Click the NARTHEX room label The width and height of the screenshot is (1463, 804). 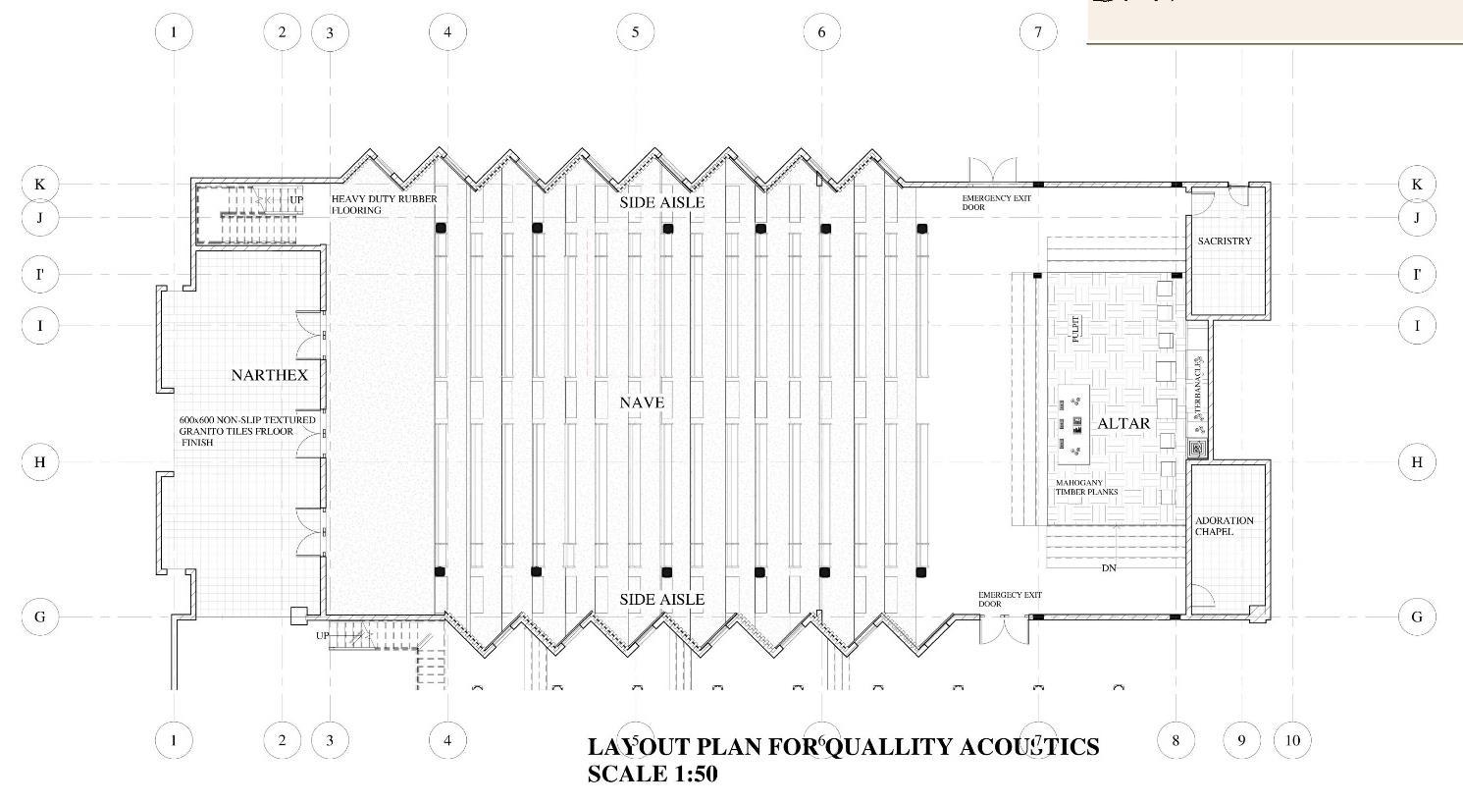pos(269,375)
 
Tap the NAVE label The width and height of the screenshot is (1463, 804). pos(642,402)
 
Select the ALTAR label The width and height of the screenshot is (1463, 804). pos(1123,424)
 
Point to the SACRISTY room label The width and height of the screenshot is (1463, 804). pos(1225,241)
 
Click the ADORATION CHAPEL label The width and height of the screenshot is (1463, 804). pos(1224,526)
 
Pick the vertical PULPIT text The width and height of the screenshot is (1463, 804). pos(1076,328)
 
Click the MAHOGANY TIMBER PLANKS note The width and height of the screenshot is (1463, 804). pos(1086,487)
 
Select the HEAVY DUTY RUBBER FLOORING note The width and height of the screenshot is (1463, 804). pos(384,204)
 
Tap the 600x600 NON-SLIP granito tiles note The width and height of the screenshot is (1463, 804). pos(247,431)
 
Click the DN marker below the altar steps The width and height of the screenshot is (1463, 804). pos(1109,568)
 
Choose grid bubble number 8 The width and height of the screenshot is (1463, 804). pos(1176,739)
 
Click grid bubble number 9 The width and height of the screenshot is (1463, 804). pos(1241,739)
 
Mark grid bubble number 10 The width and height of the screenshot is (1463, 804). pos(1292,739)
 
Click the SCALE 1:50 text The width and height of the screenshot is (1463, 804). pos(653,774)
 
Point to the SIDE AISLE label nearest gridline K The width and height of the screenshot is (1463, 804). pos(661,202)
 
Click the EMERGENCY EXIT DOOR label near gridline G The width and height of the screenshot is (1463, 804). pos(1010,599)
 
